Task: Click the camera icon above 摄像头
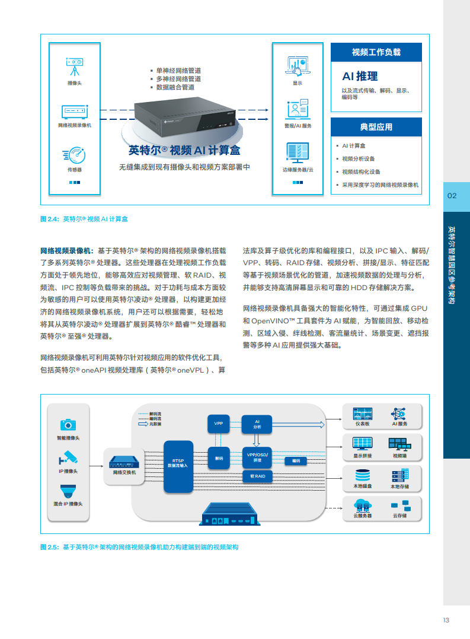[75, 63]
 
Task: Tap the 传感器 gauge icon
[75, 155]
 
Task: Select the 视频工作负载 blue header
[376, 52]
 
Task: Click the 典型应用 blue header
[376, 127]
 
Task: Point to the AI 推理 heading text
[360, 76]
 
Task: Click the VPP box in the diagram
[219, 424]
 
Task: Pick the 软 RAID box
[257, 476]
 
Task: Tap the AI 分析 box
[257, 424]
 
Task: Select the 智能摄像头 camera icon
[68, 424]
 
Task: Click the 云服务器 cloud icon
[362, 506]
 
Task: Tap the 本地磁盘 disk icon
[362, 475]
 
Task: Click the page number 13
[446, 620]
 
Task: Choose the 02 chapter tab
[452, 196]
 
